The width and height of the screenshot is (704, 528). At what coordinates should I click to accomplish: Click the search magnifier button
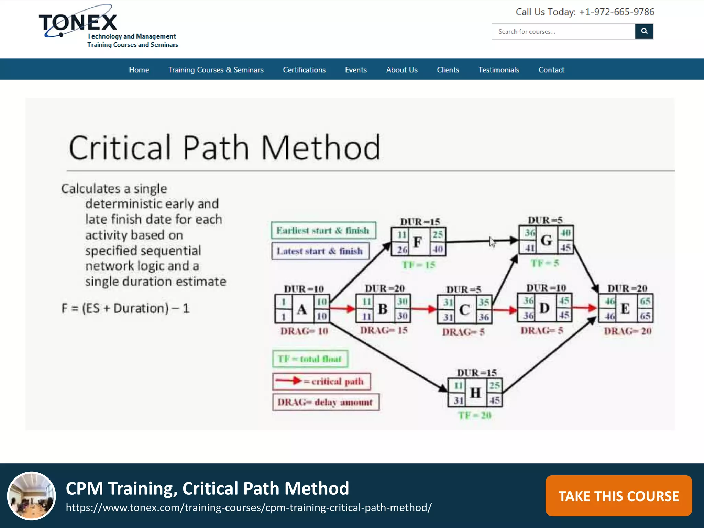[644, 31]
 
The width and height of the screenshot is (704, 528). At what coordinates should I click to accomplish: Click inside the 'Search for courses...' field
[563, 32]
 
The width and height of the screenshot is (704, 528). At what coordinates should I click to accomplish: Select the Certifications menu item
[304, 70]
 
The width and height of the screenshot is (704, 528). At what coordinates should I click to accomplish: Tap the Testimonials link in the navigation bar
[498, 70]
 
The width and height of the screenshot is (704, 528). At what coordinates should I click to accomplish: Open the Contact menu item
[551, 70]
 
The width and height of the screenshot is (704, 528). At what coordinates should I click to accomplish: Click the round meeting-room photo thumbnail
[32, 496]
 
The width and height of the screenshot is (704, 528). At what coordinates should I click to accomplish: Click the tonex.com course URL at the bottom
[249, 508]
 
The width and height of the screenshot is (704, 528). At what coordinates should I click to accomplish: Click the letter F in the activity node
[418, 242]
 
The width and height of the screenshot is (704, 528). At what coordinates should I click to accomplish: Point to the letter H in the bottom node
[475, 393]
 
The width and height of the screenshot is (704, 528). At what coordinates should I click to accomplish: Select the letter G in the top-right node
[546, 240]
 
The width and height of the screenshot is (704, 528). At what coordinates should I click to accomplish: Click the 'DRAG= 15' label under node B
[384, 330]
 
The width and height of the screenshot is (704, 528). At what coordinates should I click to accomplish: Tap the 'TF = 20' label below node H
[475, 416]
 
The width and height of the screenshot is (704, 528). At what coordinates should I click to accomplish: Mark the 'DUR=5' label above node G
[545, 220]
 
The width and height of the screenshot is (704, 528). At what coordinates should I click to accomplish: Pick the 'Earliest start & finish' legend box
[323, 230]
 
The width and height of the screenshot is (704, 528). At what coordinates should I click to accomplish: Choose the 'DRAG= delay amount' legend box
[326, 402]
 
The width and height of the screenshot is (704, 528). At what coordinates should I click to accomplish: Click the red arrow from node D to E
[585, 308]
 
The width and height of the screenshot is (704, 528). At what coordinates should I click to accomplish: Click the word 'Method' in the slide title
[321, 148]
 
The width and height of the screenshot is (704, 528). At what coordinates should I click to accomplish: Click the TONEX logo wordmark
[78, 23]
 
